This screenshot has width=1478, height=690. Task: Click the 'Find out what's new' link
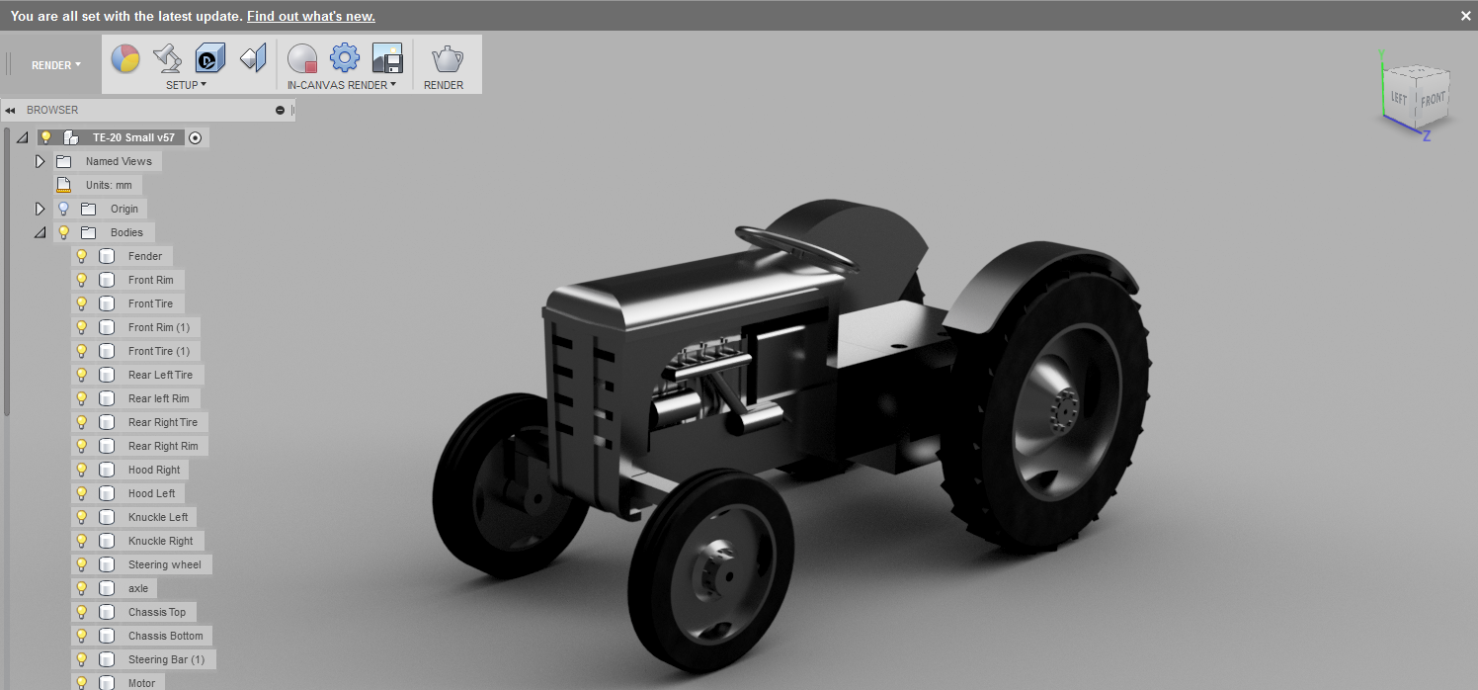(x=310, y=17)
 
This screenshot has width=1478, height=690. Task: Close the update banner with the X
(x=1465, y=16)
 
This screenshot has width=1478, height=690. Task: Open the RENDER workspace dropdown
(x=56, y=65)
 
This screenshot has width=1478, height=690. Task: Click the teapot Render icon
(x=447, y=59)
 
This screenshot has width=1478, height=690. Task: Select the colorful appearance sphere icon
(x=124, y=59)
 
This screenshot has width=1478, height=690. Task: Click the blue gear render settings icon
(x=344, y=58)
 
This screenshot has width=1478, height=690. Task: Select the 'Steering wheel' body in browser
(x=164, y=564)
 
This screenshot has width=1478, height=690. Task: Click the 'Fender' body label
(x=145, y=256)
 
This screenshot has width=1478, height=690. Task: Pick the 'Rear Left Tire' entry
(x=160, y=375)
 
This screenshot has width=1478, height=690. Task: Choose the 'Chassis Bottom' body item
(x=165, y=636)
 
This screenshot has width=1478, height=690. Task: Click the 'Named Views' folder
(x=118, y=161)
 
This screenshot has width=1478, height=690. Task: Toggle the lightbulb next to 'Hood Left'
(x=82, y=493)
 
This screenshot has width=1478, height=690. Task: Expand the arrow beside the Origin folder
(x=41, y=209)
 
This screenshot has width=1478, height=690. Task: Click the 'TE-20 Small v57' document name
(x=132, y=137)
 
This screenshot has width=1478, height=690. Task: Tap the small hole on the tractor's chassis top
(x=898, y=347)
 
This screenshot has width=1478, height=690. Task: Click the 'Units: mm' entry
(x=108, y=185)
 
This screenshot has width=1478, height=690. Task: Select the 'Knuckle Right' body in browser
(x=160, y=541)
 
